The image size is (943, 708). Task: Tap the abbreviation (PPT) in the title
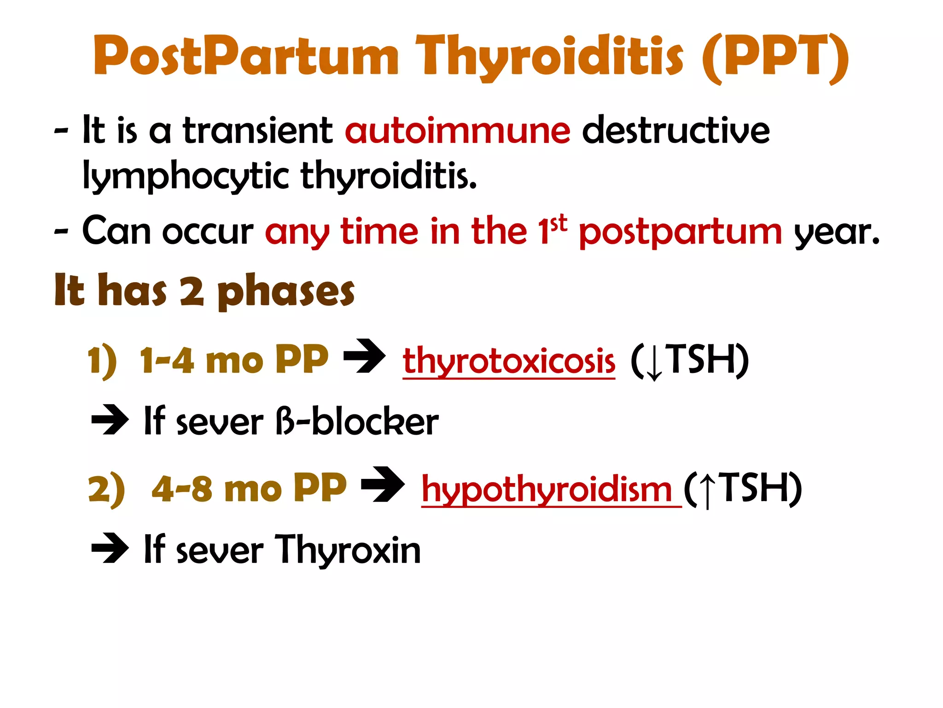point(775,57)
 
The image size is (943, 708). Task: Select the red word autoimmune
point(458,131)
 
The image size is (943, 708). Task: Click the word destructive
point(676,131)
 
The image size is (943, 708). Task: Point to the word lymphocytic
point(186,176)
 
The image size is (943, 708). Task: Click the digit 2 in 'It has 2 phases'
point(192,291)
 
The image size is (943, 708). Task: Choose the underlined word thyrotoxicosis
point(509,361)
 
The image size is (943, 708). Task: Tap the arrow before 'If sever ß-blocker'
point(110,419)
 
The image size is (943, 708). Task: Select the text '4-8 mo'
point(216,489)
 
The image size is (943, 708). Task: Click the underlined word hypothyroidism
point(547,490)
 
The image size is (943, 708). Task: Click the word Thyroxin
point(348,549)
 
